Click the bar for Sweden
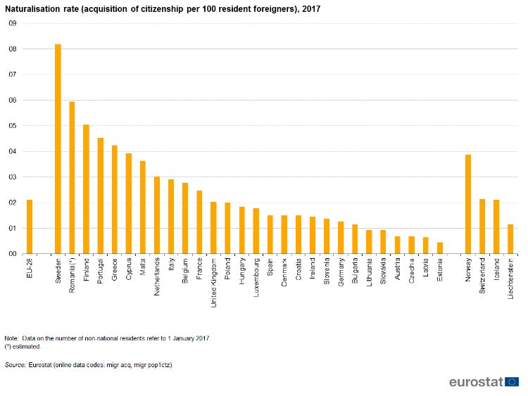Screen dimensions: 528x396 pos(58,148)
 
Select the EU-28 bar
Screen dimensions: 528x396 pos(30,226)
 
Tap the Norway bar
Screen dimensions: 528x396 pos(468,204)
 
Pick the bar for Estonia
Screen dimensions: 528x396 pos(440,248)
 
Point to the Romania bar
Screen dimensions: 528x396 pos(72,178)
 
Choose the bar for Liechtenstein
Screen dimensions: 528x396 pos(510,239)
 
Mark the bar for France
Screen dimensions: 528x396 pos(199,222)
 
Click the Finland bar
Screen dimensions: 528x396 pos(86,189)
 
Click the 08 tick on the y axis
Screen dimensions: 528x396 pos(13,49)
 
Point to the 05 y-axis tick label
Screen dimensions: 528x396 pos(13,126)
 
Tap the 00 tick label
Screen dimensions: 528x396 pos(13,254)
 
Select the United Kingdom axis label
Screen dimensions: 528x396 pos(213,283)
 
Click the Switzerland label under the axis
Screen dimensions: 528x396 pos(482,276)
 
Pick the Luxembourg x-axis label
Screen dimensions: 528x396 pos(256,277)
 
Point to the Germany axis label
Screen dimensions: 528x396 pos(341,272)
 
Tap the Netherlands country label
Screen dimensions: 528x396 pos(157,277)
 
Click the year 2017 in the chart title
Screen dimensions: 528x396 pos(311,9)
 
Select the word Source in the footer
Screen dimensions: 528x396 pos(15,365)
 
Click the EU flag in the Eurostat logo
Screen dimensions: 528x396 pos(512,382)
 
